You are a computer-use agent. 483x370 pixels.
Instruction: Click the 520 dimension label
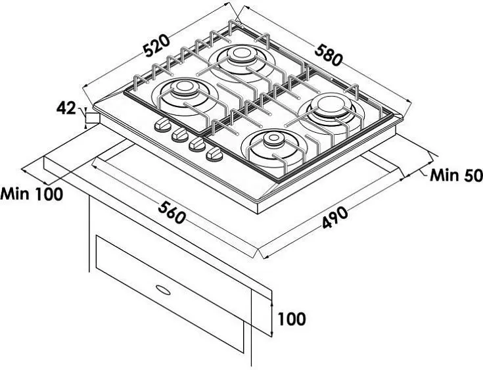[157, 46]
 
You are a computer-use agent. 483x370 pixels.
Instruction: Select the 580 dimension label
[329, 55]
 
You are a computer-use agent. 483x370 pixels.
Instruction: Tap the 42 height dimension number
[66, 108]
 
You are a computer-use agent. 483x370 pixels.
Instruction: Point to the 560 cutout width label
[172, 212]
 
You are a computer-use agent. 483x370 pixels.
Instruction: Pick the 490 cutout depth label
[335, 218]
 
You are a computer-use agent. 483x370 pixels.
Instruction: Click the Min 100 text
[32, 194]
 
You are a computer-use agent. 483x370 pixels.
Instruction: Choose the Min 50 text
[456, 175]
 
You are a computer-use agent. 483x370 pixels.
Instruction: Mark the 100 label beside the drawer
[292, 319]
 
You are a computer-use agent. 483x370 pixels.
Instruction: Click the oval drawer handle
[163, 290]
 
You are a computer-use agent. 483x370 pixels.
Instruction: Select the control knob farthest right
[214, 153]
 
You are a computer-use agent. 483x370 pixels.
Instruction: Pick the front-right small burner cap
[273, 139]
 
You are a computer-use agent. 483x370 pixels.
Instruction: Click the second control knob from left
[180, 135]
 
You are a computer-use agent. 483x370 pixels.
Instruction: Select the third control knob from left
[197, 144]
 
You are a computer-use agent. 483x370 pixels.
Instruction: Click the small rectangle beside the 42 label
[93, 118]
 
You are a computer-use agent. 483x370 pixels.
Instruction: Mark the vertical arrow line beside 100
[271, 319]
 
